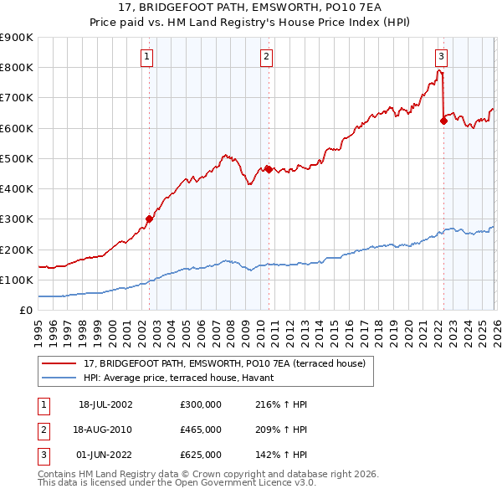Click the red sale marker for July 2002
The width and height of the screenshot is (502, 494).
tap(149, 219)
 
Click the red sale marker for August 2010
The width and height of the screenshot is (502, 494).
tap(269, 169)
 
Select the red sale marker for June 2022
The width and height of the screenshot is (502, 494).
tap(443, 121)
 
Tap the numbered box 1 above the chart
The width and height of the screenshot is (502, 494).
tap(146, 57)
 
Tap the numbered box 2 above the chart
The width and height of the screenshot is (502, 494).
tap(266, 57)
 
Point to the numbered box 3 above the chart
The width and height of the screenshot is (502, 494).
tap(441, 57)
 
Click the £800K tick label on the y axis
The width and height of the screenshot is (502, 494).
tap(17, 67)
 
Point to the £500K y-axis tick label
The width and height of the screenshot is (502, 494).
tap(17, 158)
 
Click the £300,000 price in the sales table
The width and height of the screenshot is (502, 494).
tap(200, 404)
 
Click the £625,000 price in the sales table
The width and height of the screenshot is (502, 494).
tap(200, 455)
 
